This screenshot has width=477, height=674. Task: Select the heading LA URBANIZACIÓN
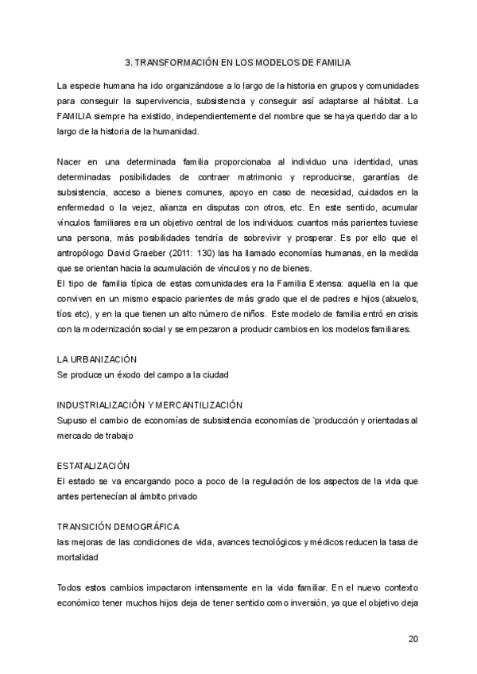point(97,359)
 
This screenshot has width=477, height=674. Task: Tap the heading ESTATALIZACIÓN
point(94,465)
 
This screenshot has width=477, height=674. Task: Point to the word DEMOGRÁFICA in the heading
point(146,526)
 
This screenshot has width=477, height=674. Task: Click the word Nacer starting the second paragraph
point(72,161)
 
